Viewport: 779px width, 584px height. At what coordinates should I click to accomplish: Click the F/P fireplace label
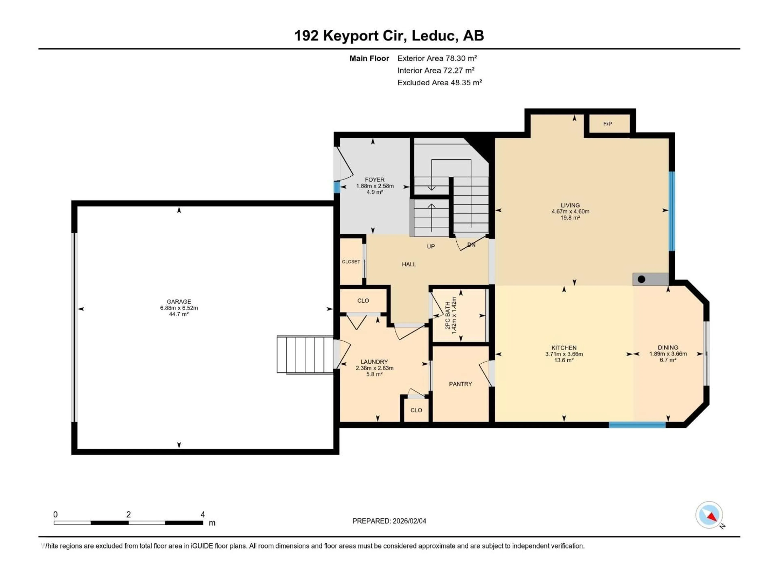click(x=608, y=124)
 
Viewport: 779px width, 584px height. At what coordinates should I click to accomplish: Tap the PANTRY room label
click(x=460, y=384)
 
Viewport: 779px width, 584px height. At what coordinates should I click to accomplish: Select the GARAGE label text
click(x=179, y=302)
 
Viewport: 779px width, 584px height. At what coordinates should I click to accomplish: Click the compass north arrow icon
click(x=709, y=515)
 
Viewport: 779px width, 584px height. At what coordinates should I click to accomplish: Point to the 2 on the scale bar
click(x=129, y=515)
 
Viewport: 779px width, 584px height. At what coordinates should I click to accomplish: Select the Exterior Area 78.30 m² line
click(x=437, y=58)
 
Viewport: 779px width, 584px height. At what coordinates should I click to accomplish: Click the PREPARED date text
click(x=389, y=521)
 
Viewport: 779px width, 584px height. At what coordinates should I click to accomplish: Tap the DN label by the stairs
click(x=471, y=245)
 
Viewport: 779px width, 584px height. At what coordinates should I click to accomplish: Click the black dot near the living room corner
click(x=641, y=279)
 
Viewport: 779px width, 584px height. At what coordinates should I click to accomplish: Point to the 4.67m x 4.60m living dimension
click(x=570, y=211)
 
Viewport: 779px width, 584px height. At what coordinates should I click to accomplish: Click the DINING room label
click(x=668, y=347)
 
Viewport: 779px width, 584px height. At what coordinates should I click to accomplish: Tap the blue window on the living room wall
click(x=672, y=211)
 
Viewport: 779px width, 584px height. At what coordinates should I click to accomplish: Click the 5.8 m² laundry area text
click(x=374, y=374)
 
